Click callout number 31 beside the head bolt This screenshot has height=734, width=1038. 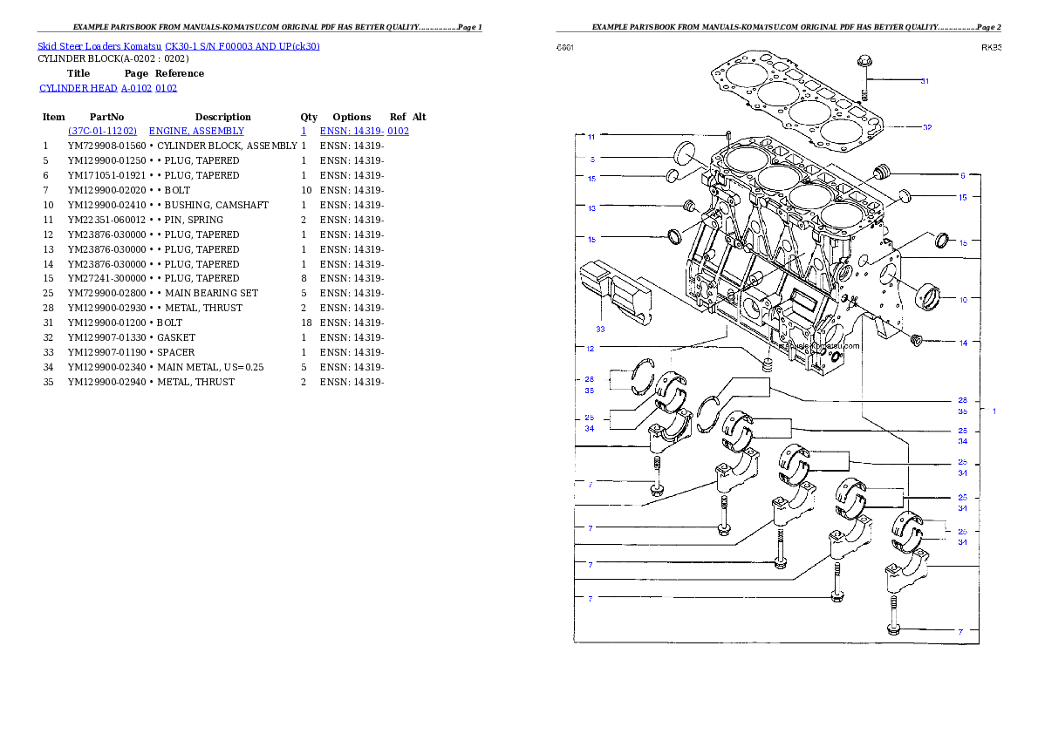925,81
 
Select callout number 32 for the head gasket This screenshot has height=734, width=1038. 927,127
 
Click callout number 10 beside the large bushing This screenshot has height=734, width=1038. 963,300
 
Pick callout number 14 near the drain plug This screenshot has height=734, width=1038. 963,343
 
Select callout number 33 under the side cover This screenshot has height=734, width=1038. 600,330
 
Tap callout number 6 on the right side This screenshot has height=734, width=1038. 963,175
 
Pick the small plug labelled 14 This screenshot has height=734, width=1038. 917,339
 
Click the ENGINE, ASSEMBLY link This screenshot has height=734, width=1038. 196,131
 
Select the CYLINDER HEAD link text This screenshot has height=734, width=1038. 109,89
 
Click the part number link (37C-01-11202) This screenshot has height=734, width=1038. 102,131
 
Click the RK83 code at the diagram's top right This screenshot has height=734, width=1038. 991,48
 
